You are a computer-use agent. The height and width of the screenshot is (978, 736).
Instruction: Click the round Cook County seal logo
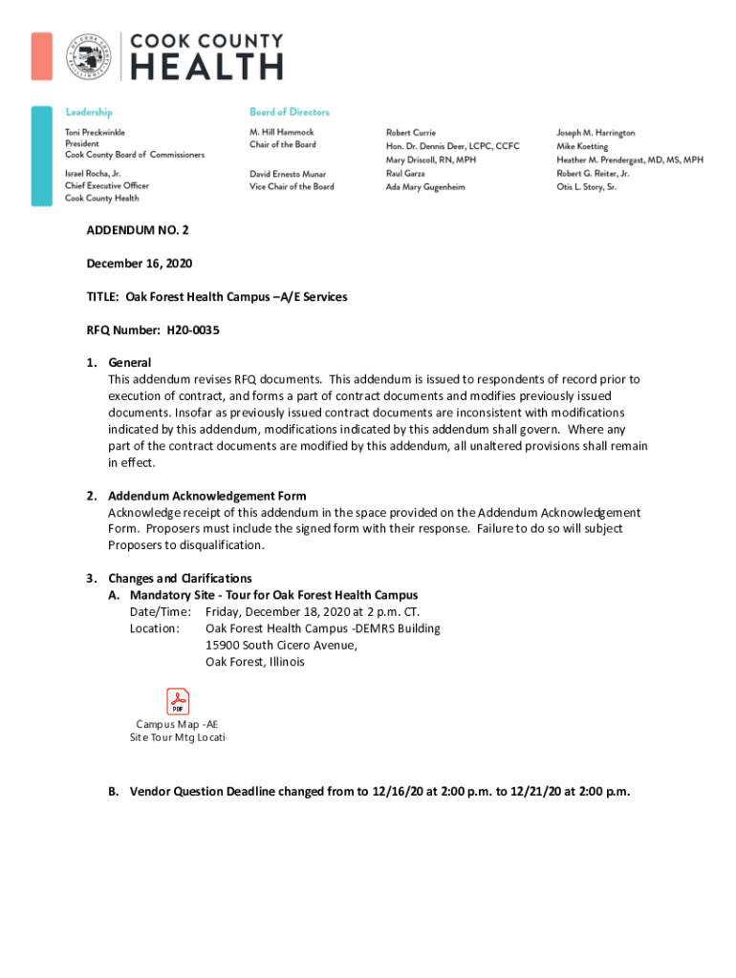[x=87, y=56]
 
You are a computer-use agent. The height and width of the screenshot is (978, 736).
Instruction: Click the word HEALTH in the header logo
[x=206, y=67]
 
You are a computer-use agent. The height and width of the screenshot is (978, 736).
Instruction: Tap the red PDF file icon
[x=178, y=701]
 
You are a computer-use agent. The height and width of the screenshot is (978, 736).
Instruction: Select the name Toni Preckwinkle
[x=95, y=132]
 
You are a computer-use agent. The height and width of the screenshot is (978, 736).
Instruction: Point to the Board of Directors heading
[x=289, y=112]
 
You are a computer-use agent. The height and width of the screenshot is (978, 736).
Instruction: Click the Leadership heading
[x=89, y=112]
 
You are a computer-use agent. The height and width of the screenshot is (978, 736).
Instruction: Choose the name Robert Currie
[x=411, y=133]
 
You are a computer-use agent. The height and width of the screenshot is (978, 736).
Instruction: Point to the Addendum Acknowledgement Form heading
[x=206, y=496]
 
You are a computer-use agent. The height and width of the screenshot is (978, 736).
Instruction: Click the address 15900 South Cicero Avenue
[x=282, y=645]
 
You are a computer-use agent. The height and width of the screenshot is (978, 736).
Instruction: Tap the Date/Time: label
[x=161, y=611]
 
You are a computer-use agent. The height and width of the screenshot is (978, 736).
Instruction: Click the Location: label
[x=155, y=628]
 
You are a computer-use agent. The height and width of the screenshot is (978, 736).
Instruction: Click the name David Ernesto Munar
[x=288, y=174]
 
